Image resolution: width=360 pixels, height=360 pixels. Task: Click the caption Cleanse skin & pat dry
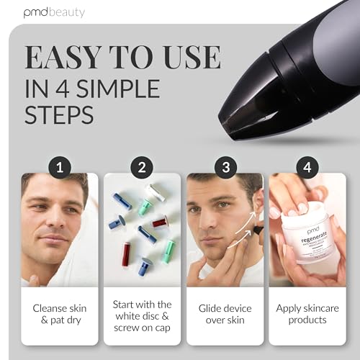click(59, 312)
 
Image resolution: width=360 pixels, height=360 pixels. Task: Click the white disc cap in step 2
click(154, 192)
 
